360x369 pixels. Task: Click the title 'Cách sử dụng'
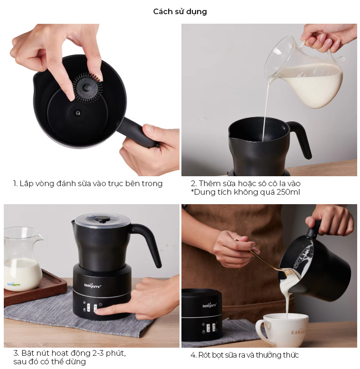[180, 11]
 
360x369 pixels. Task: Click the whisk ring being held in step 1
[88, 88]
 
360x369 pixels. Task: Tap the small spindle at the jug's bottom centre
[78, 113]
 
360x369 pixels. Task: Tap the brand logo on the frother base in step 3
[93, 286]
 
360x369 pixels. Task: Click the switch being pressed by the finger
[96, 308]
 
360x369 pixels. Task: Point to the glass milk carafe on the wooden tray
[22, 259]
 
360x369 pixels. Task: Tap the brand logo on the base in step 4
[209, 306]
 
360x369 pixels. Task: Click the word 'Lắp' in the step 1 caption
[27, 184]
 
